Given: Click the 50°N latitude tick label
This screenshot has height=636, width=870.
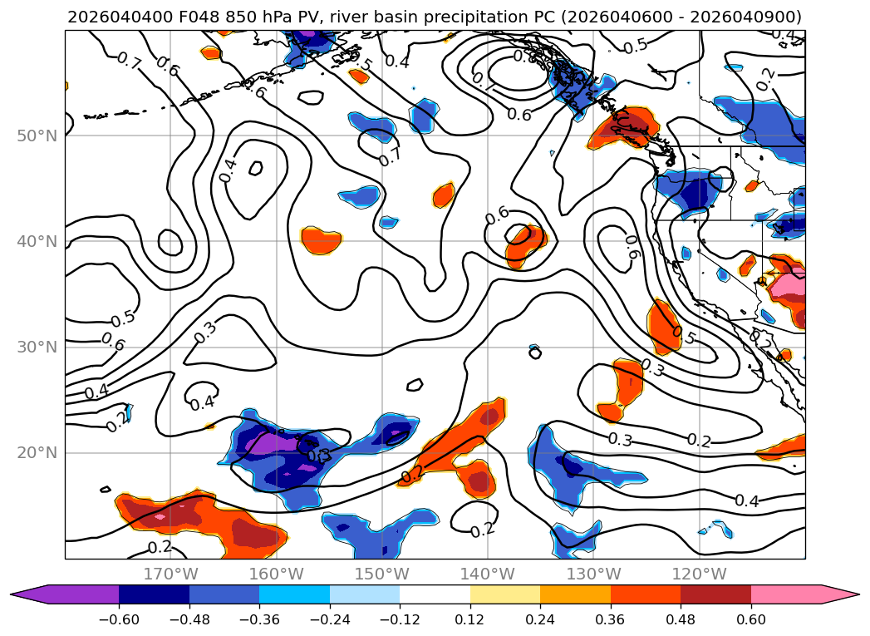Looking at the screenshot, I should pos(37,136).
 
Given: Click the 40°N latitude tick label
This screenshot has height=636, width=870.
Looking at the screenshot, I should pos(37,242).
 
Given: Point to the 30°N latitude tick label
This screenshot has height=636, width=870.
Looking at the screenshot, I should pos(37,348).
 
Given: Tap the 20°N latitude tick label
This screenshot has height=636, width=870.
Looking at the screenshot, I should pos(37,453).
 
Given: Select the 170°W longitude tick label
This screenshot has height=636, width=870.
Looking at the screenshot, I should pos(170,574).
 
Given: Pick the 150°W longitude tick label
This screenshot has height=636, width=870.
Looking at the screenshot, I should pos(382,574).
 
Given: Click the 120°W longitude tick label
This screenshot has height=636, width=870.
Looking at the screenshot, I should pos(699,574).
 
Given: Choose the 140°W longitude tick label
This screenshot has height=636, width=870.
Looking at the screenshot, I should pos(488,574).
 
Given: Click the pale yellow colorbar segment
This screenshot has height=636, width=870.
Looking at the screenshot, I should pos(504,594).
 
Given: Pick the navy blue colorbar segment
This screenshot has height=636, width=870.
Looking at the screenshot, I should pos(154,594).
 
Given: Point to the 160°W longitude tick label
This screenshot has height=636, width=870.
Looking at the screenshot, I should pos(277,574).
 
